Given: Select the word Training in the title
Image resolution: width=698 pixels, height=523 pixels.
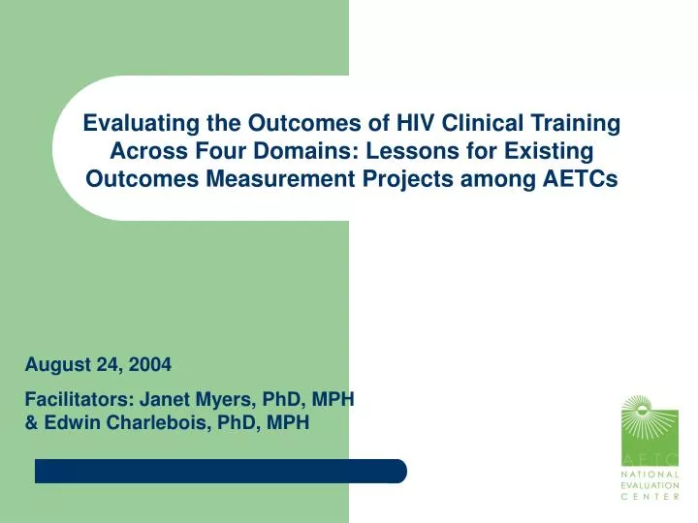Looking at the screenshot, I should point(571,123).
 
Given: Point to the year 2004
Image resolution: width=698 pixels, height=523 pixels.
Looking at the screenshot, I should point(151,365).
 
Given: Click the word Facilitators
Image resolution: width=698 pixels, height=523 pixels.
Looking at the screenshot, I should point(79,397).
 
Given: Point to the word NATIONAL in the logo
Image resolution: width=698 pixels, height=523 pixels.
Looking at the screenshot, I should point(650,474).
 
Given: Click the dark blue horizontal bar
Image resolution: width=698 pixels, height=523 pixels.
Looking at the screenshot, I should point(220,471).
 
